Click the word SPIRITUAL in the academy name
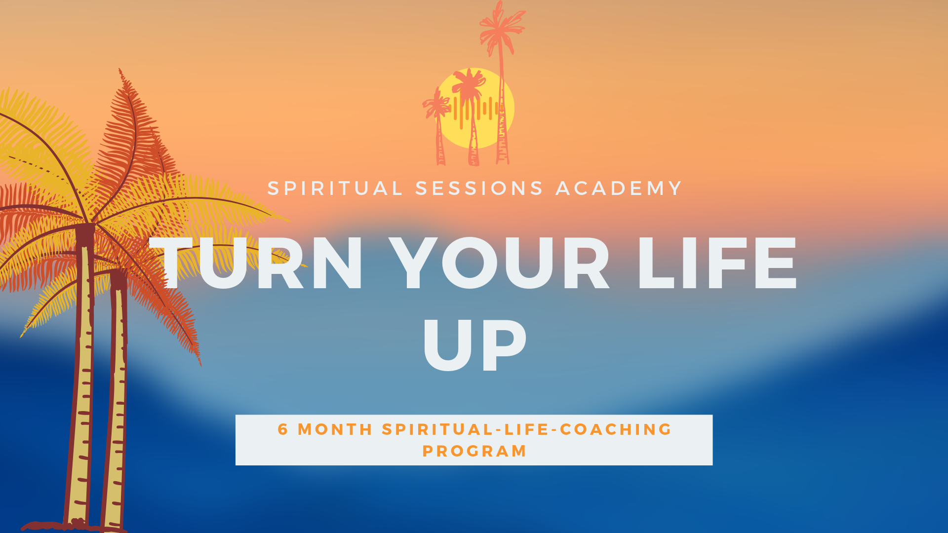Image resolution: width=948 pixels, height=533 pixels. click(335, 189)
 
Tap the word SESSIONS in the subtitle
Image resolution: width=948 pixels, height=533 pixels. click(479, 189)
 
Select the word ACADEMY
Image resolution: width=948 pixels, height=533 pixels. click(619, 189)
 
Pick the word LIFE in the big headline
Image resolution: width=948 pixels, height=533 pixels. click(717, 263)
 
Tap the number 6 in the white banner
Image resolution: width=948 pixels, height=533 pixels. click(283, 429)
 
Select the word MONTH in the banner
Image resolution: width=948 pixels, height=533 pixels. click(335, 429)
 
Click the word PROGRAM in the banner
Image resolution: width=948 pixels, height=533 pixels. click(474, 451)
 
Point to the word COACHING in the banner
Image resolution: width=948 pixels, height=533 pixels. click(616, 429)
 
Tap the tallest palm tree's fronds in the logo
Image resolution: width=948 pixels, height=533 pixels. click(502, 27)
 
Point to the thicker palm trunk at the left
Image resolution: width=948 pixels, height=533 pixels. click(82, 375)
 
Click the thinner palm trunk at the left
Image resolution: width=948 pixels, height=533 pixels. click(116, 400)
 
